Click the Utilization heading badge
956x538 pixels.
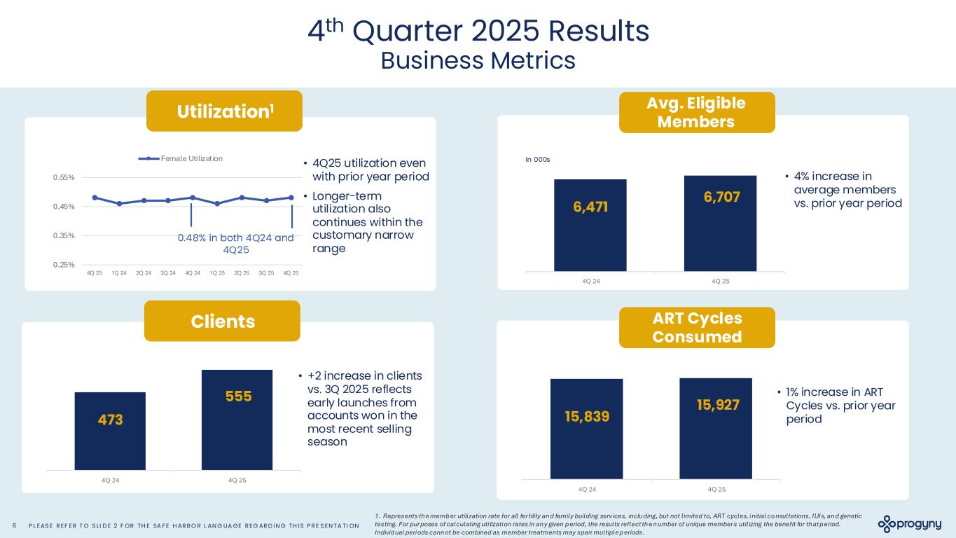point(224,111)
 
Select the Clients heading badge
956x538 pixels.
point(222,321)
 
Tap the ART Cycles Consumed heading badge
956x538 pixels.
point(697,327)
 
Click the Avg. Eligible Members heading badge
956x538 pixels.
point(697,112)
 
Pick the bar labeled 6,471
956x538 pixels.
point(590,225)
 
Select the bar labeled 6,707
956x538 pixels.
point(720,223)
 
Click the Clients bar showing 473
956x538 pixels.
point(110,431)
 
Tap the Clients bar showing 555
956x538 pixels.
point(237,420)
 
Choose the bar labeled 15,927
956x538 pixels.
point(715,428)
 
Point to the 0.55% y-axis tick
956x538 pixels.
point(65,178)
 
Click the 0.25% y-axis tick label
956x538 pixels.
point(65,264)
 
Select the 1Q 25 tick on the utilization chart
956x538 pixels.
point(217,273)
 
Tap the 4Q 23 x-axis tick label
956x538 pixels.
point(95,273)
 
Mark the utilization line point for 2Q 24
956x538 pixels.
point(144,200)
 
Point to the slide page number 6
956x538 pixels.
point(15,525)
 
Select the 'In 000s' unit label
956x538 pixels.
point(538,160)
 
